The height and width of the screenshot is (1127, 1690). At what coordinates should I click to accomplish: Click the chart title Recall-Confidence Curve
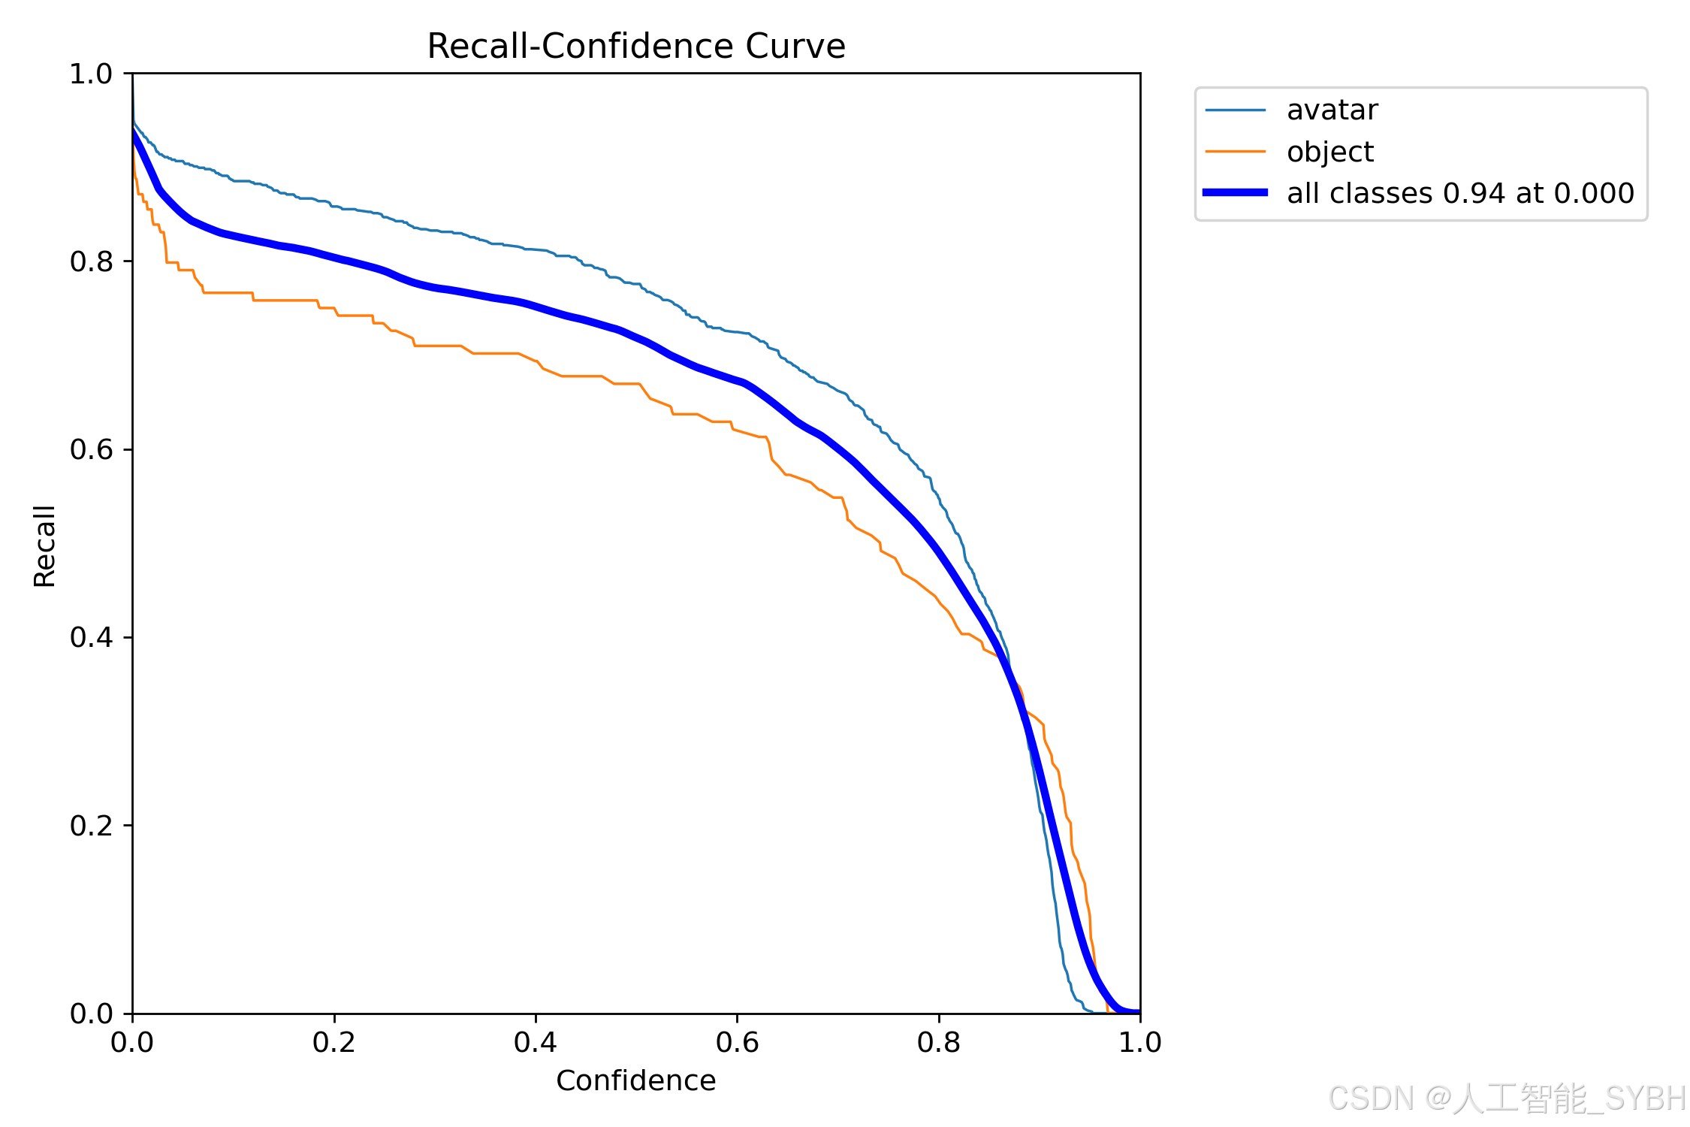635,46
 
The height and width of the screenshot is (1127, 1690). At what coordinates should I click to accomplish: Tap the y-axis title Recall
44,545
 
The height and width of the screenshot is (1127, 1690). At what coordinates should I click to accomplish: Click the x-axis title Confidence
635,1080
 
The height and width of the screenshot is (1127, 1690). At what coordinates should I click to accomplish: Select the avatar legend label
1332,110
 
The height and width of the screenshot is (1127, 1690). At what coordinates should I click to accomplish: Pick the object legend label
1329,152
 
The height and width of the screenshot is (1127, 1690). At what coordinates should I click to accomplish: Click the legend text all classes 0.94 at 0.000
1460,193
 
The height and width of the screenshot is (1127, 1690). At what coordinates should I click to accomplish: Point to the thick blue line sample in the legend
1235,193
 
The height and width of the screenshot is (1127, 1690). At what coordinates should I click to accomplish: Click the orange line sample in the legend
1235,152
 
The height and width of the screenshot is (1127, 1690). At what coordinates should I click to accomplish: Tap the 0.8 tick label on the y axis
91,261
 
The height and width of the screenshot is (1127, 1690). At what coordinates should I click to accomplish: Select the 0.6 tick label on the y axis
91,449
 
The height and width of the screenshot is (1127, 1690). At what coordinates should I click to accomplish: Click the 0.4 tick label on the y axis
91,637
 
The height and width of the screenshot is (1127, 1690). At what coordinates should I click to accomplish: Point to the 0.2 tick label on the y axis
91,825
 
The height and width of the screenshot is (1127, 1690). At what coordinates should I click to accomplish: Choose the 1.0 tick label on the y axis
91,74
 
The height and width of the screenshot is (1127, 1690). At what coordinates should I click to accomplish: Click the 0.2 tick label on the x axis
334,1042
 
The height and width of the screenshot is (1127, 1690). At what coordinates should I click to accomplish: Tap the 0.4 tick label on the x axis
536,1042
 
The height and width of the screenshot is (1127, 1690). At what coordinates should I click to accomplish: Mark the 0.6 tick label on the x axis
737,1042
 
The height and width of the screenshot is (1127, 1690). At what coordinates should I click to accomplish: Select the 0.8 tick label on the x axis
938,1042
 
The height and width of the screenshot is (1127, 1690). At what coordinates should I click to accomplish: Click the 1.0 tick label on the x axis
1139,1042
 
